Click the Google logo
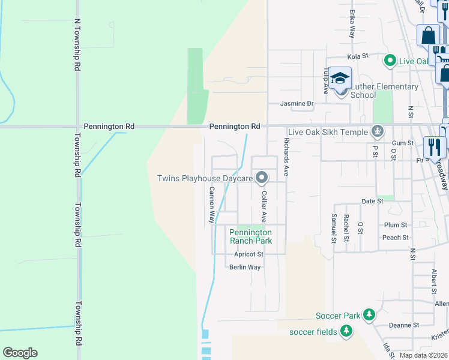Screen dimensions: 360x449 click(20, 353)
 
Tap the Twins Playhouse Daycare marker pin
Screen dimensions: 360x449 click(262, 178)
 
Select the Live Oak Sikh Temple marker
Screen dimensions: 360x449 click(378, 130)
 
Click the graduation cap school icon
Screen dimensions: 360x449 click(340, 79)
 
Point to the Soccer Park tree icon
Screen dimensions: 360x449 click(370, 315)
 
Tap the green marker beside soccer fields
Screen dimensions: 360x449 click(346, 331)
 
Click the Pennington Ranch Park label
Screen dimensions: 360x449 click(251, 236)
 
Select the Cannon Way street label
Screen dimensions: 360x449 click(212, 204)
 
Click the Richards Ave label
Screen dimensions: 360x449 click(287, 157)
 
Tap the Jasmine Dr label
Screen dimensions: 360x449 click(297, 104)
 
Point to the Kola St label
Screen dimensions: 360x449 click(357, 56)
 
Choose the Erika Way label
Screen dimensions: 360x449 click(352, 24)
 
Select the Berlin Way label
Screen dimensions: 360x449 click(245, 267)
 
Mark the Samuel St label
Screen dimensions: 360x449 click(334, 227)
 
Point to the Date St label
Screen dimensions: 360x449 click(372, 201)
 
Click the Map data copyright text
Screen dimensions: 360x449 click(424, 355)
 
